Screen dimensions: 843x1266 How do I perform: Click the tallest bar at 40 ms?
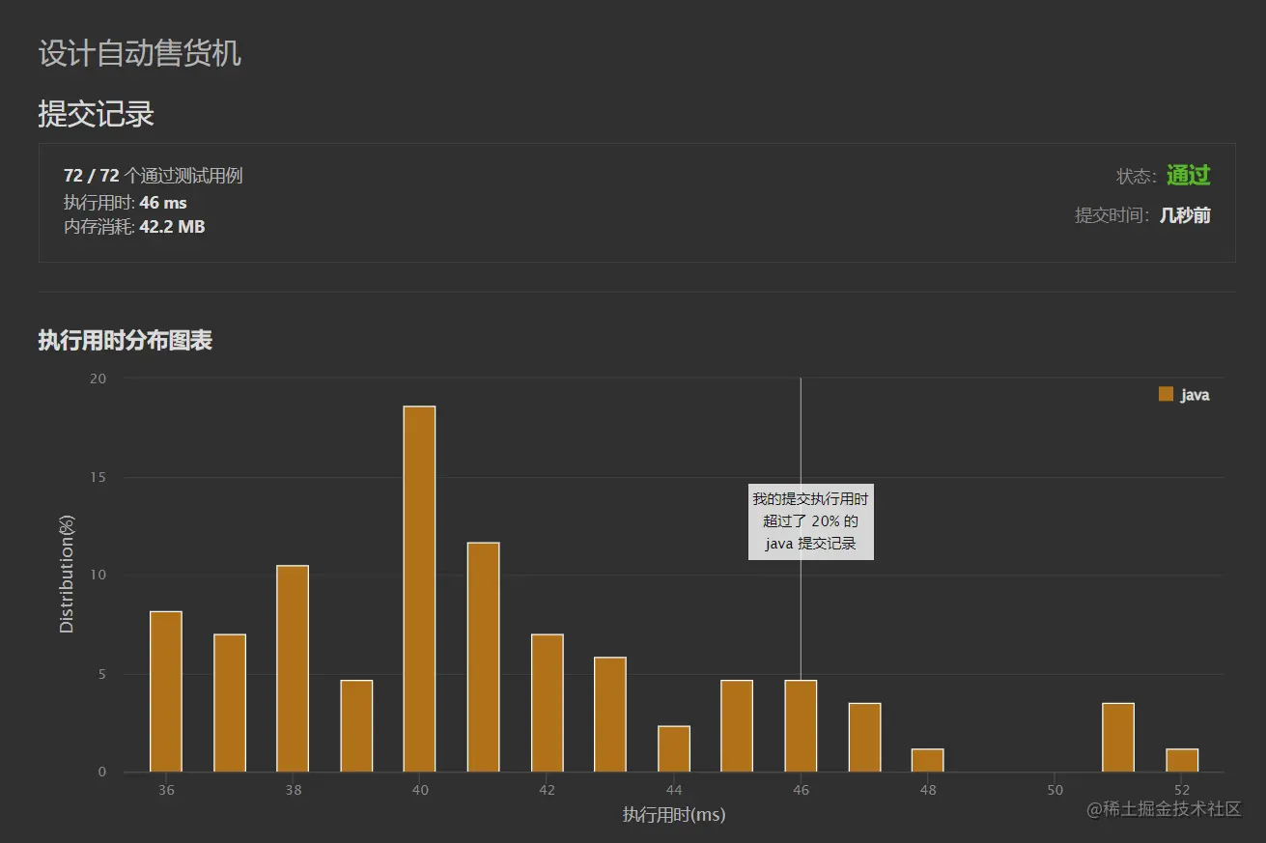click(x=419, y=589)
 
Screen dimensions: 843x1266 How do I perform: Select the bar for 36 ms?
click(x=166, y=691)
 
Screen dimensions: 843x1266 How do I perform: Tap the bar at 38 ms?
click(x=293, y=668)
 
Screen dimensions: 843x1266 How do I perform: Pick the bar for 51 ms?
click(x=1118, y=738)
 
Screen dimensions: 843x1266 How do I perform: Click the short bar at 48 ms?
click(x=927, y=760)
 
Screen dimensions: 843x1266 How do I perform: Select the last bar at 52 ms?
click(x=1182, y=760)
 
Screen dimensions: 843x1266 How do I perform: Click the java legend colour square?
click(x=1166, y=394)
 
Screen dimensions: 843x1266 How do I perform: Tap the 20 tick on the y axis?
click(x=98, y=379)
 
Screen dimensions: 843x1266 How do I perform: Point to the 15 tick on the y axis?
click(x=98, y=478)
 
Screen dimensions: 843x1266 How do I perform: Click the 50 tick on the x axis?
click(x=1055, y=790)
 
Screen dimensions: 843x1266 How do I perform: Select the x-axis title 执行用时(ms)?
click(x=674, y=815)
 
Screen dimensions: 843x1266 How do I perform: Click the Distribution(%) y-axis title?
click(x=67, y=575)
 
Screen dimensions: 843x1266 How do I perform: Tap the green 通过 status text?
click(x=1188, y=176)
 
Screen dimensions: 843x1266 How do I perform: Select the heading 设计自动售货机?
click(x=140, y=53)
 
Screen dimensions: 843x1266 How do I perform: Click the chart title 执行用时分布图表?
click(x=126, y=341)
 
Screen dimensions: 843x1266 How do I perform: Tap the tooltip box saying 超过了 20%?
click(x=810, y=521)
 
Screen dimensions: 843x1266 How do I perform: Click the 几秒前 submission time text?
click(x=1185, y=215)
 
